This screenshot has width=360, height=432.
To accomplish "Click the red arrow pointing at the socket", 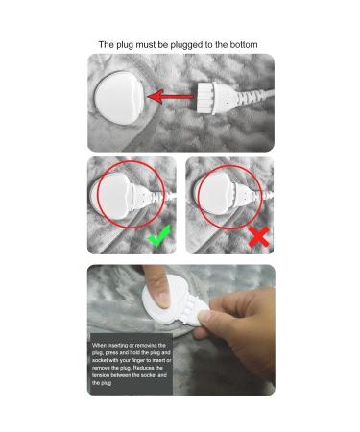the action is click(171, 96).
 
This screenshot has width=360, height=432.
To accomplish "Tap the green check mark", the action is click(158, 236).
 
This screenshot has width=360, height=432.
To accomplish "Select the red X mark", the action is click(259, 236).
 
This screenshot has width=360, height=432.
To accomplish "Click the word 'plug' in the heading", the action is click(125, 45).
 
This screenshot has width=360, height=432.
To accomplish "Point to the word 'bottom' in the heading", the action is click(244, 45).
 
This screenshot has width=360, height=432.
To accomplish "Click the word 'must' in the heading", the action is click(146, 45).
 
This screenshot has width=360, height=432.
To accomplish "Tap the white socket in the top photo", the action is click(119, 98).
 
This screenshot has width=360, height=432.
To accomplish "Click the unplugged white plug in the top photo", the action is click(217, 97).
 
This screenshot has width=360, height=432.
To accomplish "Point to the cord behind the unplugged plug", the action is click(255, 96).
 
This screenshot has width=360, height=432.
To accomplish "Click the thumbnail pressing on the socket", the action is click(163, 300).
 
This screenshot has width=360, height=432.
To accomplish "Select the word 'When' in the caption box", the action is click(99, 346).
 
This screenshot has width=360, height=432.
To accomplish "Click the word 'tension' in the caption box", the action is click(101, 375).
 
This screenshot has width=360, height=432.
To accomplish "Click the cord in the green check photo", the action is click(166, 195).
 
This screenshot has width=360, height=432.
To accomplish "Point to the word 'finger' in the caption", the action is click(138, 360).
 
